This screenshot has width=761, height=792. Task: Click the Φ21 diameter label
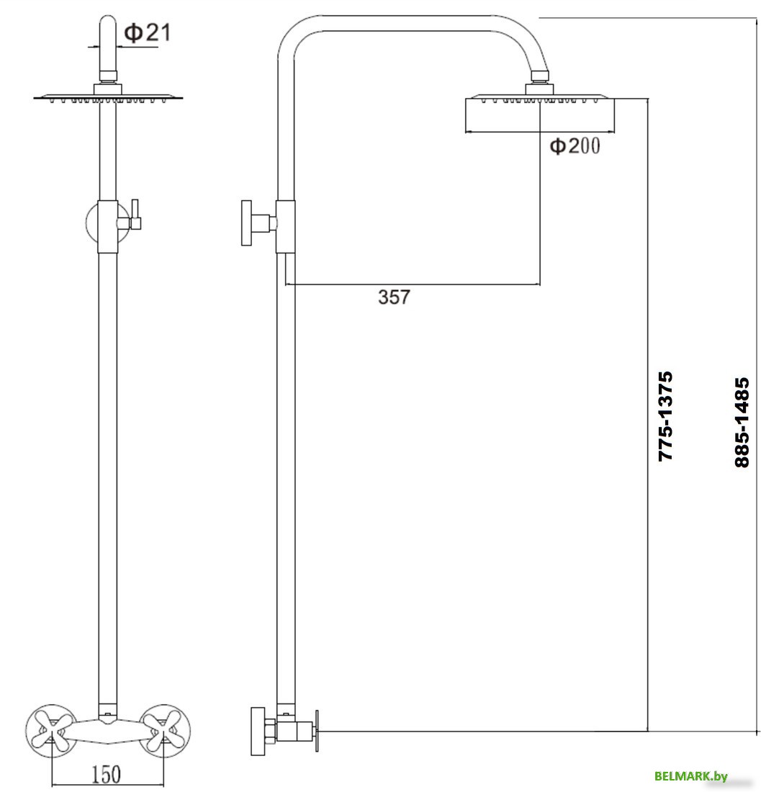(148, 32)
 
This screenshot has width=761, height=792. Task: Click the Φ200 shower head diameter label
(574, 146)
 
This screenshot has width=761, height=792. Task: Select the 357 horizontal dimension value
(394, 297)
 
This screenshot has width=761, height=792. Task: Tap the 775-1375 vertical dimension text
(665, 416)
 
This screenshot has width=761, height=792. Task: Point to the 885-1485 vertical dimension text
(742, 423)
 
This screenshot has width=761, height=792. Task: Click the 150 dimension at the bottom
(106, 774)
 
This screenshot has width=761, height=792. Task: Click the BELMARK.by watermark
(690, 775)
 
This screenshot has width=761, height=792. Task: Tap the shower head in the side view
(540, 114)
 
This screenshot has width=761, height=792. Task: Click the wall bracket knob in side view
(248, 222)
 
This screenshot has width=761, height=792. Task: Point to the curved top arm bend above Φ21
(107, 29)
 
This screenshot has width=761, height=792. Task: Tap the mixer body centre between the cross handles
(107, 724)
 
